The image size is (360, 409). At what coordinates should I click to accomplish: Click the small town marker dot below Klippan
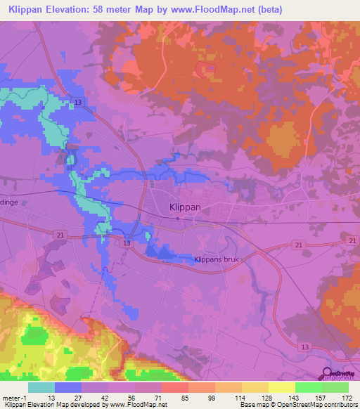click(178, 218)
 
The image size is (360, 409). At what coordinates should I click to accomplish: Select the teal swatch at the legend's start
click(41, 387)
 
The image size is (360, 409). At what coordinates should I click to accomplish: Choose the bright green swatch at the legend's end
click(335, 387)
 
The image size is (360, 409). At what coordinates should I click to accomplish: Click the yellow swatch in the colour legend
click(282, 387)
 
